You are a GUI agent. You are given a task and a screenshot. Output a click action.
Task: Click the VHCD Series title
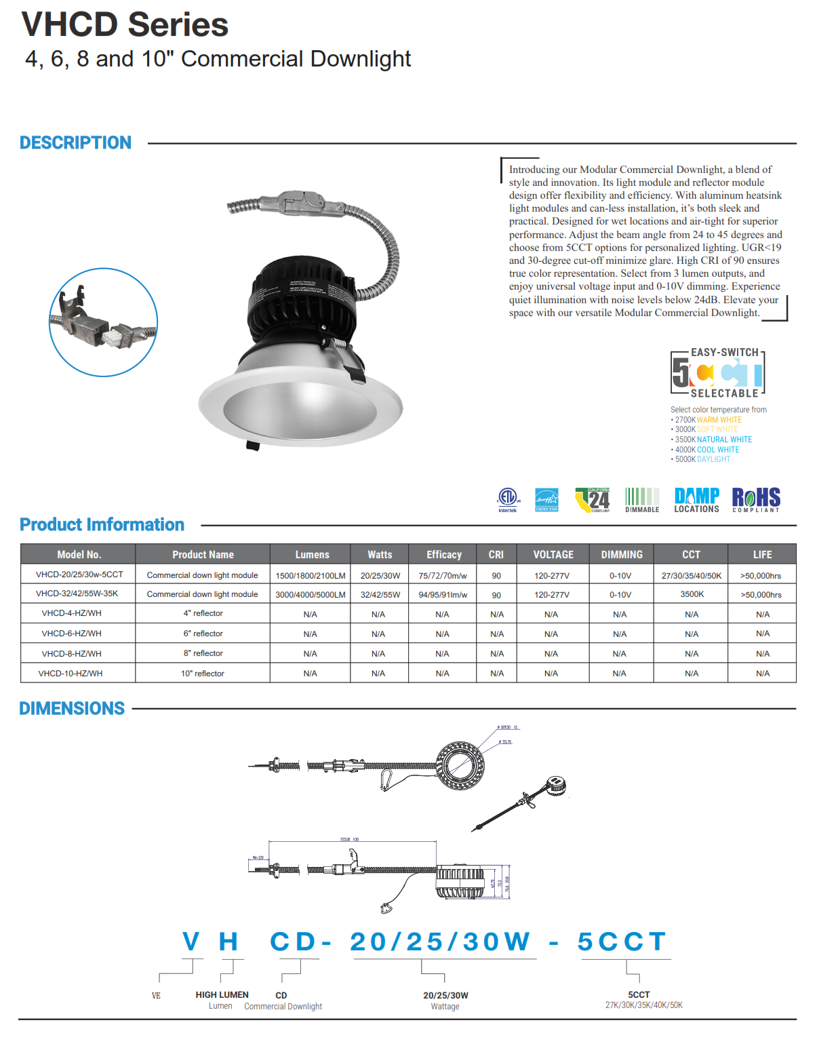click(125, 25)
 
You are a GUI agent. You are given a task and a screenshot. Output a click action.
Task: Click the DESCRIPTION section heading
click(75, 143)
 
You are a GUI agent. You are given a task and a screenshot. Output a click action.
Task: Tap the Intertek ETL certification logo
click(508, 499)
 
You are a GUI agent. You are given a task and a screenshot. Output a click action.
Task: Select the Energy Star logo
click(546, 499)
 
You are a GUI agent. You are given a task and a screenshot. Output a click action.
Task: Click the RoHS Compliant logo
click(756, 499)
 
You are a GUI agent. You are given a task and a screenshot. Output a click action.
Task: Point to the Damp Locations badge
click(696, 499)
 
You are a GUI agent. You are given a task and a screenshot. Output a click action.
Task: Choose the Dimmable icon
click(642, 499)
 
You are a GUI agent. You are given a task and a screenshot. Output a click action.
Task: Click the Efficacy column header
click(443, 554)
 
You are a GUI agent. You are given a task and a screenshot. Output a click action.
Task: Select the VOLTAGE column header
click(553, 554)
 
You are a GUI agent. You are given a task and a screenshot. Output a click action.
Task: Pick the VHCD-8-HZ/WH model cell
click(71, 653)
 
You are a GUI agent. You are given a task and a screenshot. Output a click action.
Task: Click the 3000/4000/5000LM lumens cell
click(311, 595)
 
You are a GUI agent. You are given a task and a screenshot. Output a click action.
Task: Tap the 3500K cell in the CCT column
click(692, 594)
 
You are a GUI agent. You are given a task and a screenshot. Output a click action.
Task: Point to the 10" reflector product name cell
click(202, 674)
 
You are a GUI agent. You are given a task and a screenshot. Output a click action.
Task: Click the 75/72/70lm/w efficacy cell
click(443, 576)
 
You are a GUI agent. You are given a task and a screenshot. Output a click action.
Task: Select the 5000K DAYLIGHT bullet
click(702, 459)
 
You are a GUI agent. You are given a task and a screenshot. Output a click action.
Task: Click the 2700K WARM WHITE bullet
click(708, 420)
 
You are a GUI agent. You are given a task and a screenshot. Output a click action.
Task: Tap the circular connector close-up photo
click(104, 322)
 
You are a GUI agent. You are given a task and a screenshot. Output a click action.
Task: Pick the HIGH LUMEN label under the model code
click(222, 994)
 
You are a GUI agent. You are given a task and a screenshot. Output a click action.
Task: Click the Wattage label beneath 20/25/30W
click(445, 1007)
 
